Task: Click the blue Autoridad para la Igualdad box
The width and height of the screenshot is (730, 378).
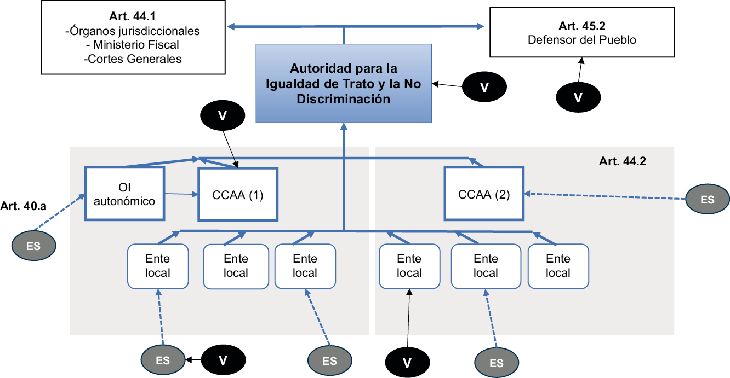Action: (x=344, y=83)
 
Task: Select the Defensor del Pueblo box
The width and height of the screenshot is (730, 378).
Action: (x=581, y=32)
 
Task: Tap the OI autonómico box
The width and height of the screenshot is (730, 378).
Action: (x=124, y=194)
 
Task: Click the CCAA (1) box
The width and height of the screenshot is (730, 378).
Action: (x=237, y=195)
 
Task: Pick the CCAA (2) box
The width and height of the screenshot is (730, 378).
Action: (x=484, y=194)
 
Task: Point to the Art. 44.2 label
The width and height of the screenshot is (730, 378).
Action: (x=623, y=161)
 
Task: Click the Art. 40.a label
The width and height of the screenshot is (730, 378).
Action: (x=23, y=206)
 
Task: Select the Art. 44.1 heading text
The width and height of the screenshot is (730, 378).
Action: (x=132, y=16)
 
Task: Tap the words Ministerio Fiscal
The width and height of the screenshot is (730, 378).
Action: (x=136, y=44)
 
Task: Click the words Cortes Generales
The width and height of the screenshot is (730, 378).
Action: (x=135, y=59)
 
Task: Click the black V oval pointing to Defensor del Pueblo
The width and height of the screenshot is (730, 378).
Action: (x=578, y=97)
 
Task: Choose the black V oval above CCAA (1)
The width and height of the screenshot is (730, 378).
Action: (x=223, y=115)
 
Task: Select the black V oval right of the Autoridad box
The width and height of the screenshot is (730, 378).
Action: (x=484, y=87)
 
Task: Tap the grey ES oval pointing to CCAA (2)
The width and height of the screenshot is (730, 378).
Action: (x=707, y=199)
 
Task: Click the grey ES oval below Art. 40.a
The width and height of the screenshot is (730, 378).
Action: (x=33, y=246)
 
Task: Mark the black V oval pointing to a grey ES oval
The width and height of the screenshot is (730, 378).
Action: (x=223, y=360)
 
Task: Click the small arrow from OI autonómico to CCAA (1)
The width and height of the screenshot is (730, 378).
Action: (x=181, y=194)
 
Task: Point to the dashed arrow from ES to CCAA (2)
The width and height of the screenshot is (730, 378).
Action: (x=605, y=196)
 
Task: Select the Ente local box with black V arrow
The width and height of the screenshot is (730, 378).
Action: (x=409, y=266)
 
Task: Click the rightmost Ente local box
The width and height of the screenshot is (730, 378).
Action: (x=558, y=266)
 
